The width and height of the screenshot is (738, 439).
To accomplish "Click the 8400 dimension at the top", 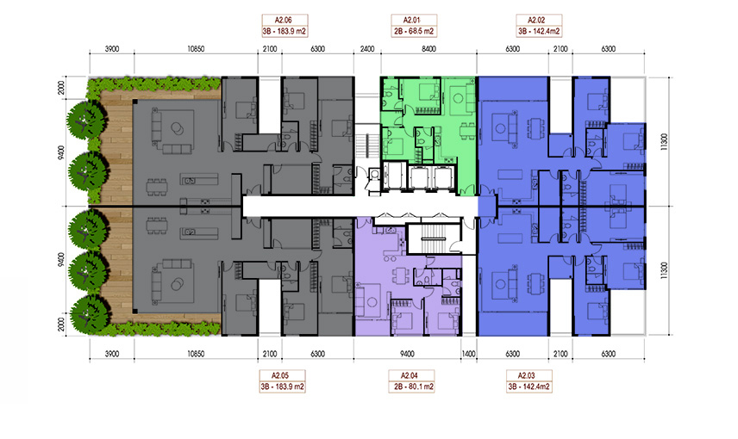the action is (x=428, y=49).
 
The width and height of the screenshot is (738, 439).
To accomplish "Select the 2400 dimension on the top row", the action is (x=367, y=49).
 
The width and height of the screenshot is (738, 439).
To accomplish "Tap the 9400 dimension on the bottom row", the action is (x=407, y=354).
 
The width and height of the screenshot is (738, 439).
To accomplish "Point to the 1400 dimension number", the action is (x=469, y=354).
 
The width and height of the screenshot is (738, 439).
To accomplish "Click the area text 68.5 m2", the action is (x=421, y=32).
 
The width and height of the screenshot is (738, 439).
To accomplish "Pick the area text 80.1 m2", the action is (x=418, y=387).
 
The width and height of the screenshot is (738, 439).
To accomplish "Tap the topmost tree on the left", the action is (x=85, y=120).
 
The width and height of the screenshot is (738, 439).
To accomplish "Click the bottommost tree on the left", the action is (x=90, y=315).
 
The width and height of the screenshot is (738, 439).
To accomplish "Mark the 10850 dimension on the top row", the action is (x=196, y=49).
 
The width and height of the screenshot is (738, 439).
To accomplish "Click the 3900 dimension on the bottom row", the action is (x=111, y=354).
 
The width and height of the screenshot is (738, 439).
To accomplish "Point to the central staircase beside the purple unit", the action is (x=433, y=239).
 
